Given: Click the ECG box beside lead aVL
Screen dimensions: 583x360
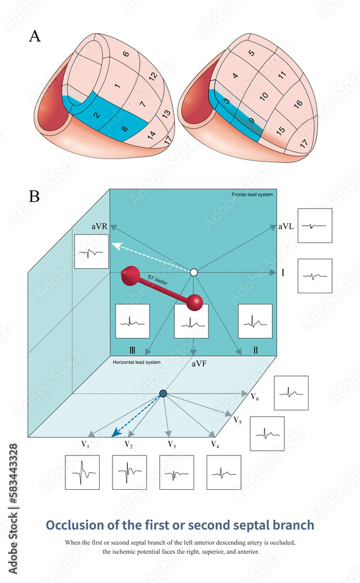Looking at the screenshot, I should (314, 226).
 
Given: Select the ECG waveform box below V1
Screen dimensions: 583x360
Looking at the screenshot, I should (82, 472).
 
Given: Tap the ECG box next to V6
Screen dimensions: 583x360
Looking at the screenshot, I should (291, 393).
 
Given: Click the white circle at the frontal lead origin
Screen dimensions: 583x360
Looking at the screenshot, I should (194, 272).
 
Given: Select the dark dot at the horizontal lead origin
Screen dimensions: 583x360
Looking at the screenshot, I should (163, 394).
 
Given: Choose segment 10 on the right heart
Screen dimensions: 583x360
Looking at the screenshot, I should (263, 95).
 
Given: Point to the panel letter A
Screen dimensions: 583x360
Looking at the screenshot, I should (35, 36).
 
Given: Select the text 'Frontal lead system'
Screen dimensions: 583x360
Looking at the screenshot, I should (251, 194).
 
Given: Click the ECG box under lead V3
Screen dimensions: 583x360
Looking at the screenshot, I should (177, 472).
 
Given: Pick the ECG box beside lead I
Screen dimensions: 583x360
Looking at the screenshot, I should (314, 276).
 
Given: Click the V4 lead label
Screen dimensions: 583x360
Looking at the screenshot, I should (215, 444).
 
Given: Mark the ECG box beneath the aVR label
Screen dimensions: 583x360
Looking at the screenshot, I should (92, 252).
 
